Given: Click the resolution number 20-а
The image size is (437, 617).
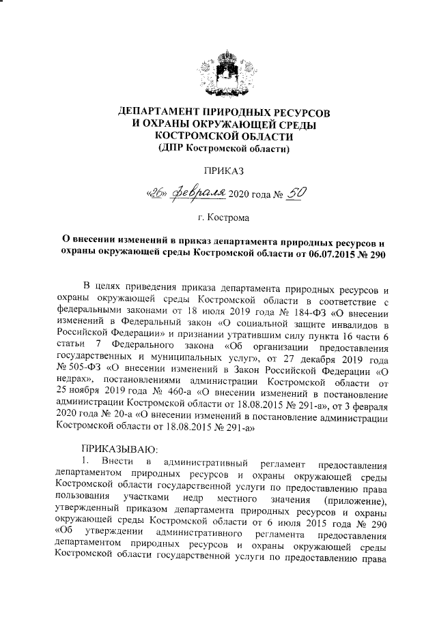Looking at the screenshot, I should [x=119, y=423].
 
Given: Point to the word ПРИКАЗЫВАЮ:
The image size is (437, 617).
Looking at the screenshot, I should [x=119, y=450].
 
